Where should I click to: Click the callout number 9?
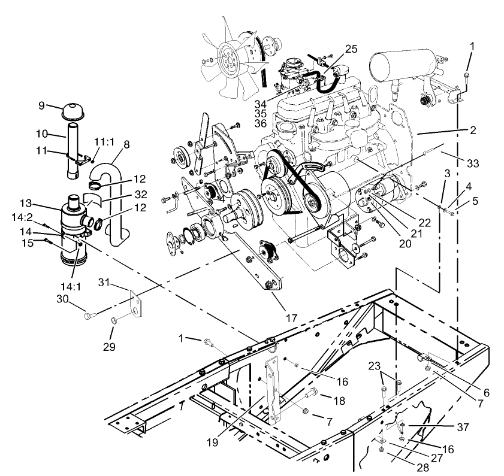(41, 107)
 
